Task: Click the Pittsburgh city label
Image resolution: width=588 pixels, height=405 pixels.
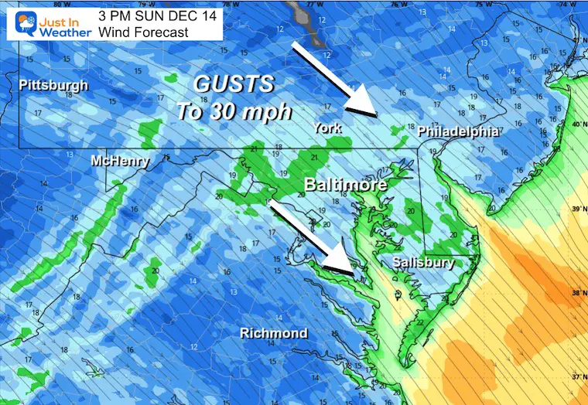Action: tap(53, 85)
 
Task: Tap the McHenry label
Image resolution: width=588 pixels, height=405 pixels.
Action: tap(119, 161)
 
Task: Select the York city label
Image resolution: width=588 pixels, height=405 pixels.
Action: tap(328, 128)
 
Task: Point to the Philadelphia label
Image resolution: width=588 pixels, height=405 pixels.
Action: tap(457, 131)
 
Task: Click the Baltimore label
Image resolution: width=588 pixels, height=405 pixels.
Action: tap(345, 185)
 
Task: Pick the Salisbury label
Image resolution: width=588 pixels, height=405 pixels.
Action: tap(422, 262)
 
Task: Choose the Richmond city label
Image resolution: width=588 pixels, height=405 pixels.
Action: tap(273, 333)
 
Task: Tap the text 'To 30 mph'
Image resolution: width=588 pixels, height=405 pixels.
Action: tap(234, 111)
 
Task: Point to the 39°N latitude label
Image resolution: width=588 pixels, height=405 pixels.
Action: tap(576, 209)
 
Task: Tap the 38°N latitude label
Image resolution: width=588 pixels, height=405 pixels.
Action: tap(576, 293)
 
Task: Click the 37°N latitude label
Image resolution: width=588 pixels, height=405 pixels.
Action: tap(576, 377)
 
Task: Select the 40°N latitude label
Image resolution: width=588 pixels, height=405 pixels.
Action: tap(576, 124)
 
